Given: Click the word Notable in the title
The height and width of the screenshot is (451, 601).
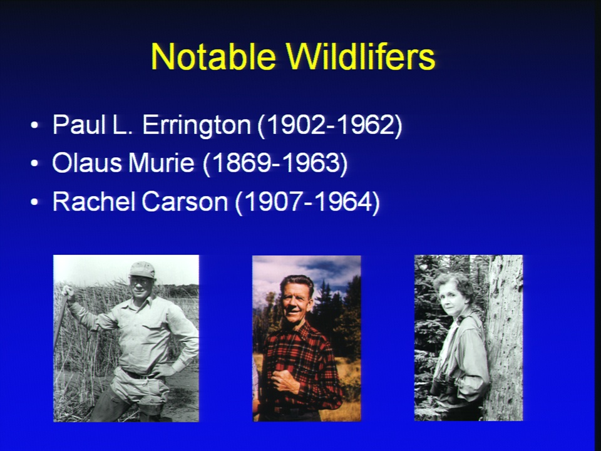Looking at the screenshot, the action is (x=213, y=56).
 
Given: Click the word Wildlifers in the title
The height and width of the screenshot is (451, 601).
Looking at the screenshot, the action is (x=361, y=56).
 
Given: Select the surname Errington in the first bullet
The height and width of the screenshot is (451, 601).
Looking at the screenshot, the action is (x=197, y=126).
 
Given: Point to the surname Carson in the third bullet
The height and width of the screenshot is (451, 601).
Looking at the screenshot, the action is (x=185, y=201).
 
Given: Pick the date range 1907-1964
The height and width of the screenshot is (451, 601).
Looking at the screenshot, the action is (x=307, y=202).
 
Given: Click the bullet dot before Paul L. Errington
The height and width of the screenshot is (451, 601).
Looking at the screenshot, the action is (x=34, y=125).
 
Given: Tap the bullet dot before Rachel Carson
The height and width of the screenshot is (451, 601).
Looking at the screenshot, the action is (x=34, y=202).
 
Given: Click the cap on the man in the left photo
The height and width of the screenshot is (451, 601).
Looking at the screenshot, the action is (x=142, y=269).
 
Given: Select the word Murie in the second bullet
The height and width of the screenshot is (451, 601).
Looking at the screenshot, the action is (x=162, y=163).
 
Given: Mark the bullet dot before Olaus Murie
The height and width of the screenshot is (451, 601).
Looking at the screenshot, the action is (x=34, y=163).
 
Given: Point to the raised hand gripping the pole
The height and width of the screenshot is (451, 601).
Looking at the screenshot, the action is (x=68, y=293).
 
